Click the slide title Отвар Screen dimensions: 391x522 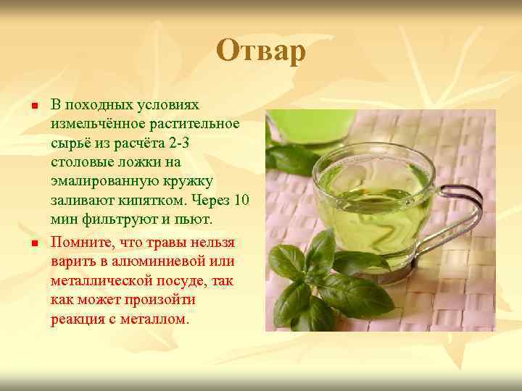261,52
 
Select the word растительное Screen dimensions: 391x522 198,124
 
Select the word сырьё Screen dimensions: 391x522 70,143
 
